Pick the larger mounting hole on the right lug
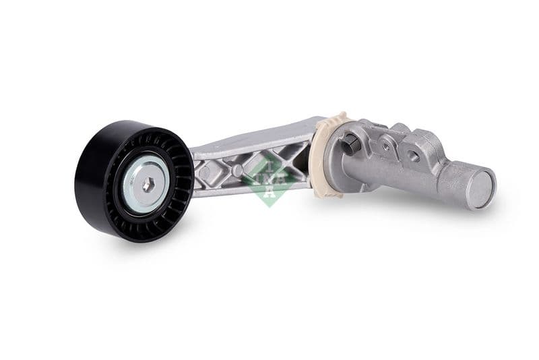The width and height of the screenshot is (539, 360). coord(413,156)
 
